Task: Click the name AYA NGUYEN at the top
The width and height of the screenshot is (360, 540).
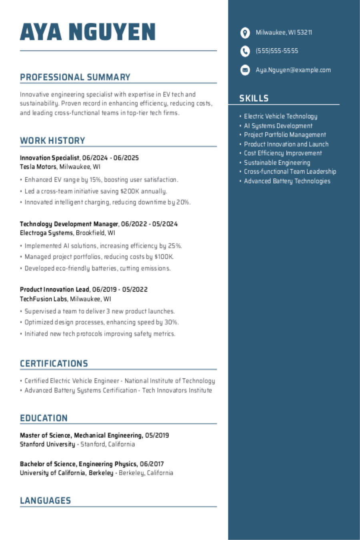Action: coord(88,32)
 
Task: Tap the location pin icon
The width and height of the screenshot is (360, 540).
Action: coord(245,33)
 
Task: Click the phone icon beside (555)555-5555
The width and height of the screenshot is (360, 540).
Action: coord(245,51)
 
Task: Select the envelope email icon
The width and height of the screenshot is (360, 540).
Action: coord(245,70)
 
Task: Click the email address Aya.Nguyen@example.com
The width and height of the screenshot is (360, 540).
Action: coord(293,70)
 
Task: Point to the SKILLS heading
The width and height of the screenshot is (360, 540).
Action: coord(254,98)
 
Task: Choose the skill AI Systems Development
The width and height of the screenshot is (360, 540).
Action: coord(278,126)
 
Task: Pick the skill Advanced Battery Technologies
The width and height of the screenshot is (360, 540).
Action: coord(287,181)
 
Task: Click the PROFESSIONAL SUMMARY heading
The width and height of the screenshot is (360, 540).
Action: coord(75,77)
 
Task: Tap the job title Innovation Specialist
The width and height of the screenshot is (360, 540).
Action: coord(49,158)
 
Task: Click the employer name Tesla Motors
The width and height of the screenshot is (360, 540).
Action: coord(38,167)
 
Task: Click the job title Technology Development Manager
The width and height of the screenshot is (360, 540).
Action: coord(69,224)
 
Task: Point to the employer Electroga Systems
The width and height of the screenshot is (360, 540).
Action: coord(46,233)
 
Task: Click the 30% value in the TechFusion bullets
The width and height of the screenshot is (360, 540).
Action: coord(171,322)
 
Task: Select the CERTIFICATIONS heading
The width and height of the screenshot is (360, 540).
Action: coord(54,364)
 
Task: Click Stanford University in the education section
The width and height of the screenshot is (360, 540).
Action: coord(47,444)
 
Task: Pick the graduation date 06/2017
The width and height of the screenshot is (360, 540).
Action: coord(152,464)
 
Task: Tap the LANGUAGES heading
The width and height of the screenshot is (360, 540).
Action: coord(45,500)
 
